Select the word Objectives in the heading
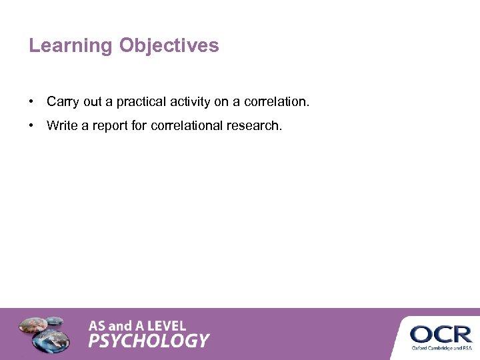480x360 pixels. (x=169, y=46)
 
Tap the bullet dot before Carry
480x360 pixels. (x=31, y=102)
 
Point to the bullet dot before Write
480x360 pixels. (x=31, y=125)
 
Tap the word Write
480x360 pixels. (x=62, y=125)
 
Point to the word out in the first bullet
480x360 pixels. (x=93, y=102)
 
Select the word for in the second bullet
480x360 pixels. (x=139, y=125)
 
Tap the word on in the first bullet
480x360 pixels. (x=221, y=102)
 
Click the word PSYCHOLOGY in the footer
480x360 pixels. (x=149, y=341)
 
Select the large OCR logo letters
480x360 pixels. (x=441, y=333)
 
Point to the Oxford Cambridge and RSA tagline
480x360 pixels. (x=441, y=347)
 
